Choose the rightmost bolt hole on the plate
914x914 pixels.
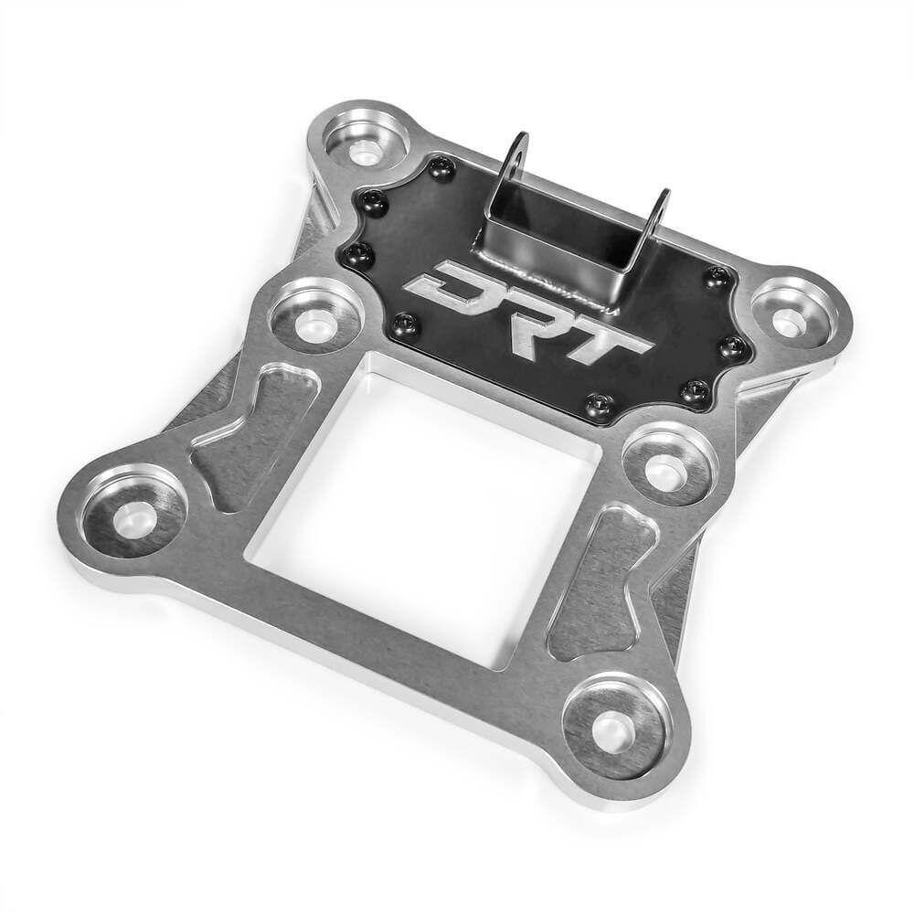click(786, 321)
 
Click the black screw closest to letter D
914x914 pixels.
click(406, 324)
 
